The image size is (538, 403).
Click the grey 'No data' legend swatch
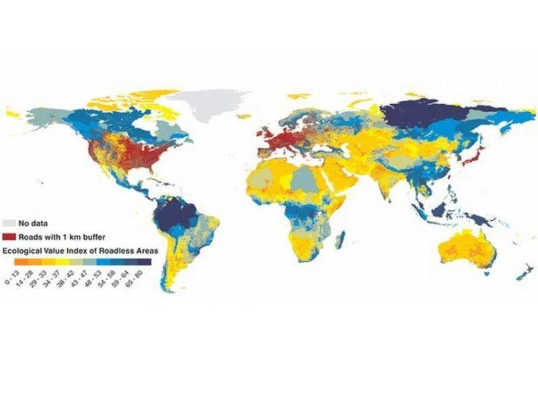click(11, 222)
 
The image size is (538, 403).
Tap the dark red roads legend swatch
click(11, 236)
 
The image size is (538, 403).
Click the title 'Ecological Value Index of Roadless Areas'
click(80, 250)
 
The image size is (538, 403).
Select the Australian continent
click(467, 248)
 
